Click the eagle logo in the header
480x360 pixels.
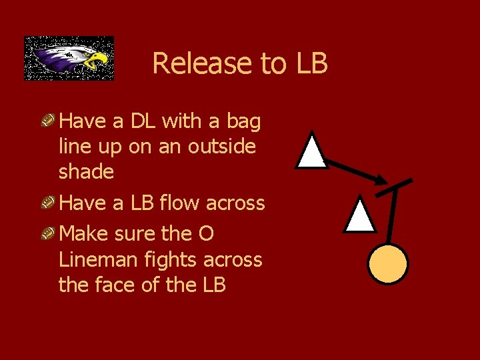69,58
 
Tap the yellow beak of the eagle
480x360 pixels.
99,60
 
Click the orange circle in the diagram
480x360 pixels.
388,263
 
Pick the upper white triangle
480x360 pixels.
311,152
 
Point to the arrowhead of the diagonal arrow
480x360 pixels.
381,180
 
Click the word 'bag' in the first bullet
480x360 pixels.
243,121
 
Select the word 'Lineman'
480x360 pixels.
99,259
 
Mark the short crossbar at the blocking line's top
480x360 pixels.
394,187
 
